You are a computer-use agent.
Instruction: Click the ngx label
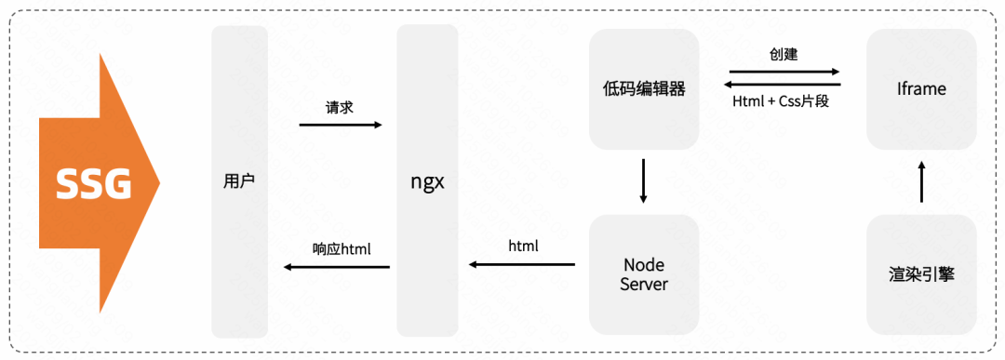tap(427, 181)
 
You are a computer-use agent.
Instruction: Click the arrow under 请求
tap(341, 124)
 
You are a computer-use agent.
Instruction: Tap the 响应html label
tap(342, 248)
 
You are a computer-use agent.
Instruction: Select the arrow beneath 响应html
tap(337, 267)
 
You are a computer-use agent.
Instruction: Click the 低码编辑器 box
tap(644, 89)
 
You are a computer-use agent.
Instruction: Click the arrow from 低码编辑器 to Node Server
tap(644, 181)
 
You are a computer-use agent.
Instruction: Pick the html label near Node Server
tap(523, 247)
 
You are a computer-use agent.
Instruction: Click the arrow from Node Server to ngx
tap(521, 265)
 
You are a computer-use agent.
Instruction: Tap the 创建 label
tap(784, 55)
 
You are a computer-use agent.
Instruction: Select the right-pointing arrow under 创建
tap(784, 71)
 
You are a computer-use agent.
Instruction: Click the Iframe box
tap(921, 89)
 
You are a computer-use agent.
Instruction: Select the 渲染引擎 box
tap(921, 274)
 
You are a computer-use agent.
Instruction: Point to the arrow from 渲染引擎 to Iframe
tap(921, 181)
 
